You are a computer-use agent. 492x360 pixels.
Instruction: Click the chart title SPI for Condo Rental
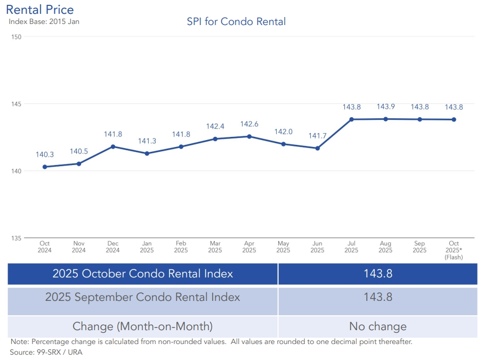click(x=236, y=22)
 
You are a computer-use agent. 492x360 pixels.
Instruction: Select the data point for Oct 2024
click(x=45, y=167)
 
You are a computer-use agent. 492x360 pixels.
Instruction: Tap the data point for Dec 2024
click(x=113, y=146)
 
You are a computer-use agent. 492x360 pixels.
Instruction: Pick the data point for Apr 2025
click(x=249, y=136)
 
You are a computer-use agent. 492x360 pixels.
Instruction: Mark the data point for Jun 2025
click(x=318, y=148)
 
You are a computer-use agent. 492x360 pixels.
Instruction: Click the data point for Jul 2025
click(x=352, y=119)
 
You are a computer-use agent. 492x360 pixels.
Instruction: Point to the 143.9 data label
click(x=385, y=107)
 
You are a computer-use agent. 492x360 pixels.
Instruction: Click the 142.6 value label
click(x=249, y=124)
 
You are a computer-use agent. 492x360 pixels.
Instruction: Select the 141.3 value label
click(x=147, y=141)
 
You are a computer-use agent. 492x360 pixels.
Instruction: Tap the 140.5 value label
click(x=79, y=152)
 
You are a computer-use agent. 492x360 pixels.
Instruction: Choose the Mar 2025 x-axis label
click(x=215, y=247)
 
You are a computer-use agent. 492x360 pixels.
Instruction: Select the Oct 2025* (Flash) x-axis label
click(x=454, y=250)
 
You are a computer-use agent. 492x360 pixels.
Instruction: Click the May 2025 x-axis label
click(x=283, y=247)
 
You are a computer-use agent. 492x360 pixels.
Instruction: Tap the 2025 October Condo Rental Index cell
click(x=142, y=274)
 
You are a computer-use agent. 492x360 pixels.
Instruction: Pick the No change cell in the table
click(x=377, y=326)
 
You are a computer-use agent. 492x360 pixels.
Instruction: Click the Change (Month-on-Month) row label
click(x=142, y=326)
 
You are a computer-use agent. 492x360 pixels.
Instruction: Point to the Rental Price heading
click(x=40, y=10)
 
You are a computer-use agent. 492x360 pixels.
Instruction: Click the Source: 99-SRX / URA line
click(x=46, y=352)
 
